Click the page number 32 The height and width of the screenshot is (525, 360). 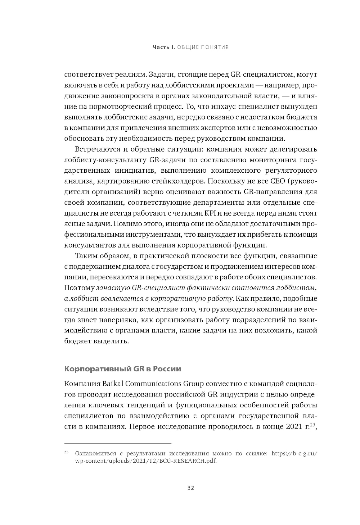(191, 488)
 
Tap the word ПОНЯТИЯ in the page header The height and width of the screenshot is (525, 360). (216, 47)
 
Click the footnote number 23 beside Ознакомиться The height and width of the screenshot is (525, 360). (66, 452)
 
